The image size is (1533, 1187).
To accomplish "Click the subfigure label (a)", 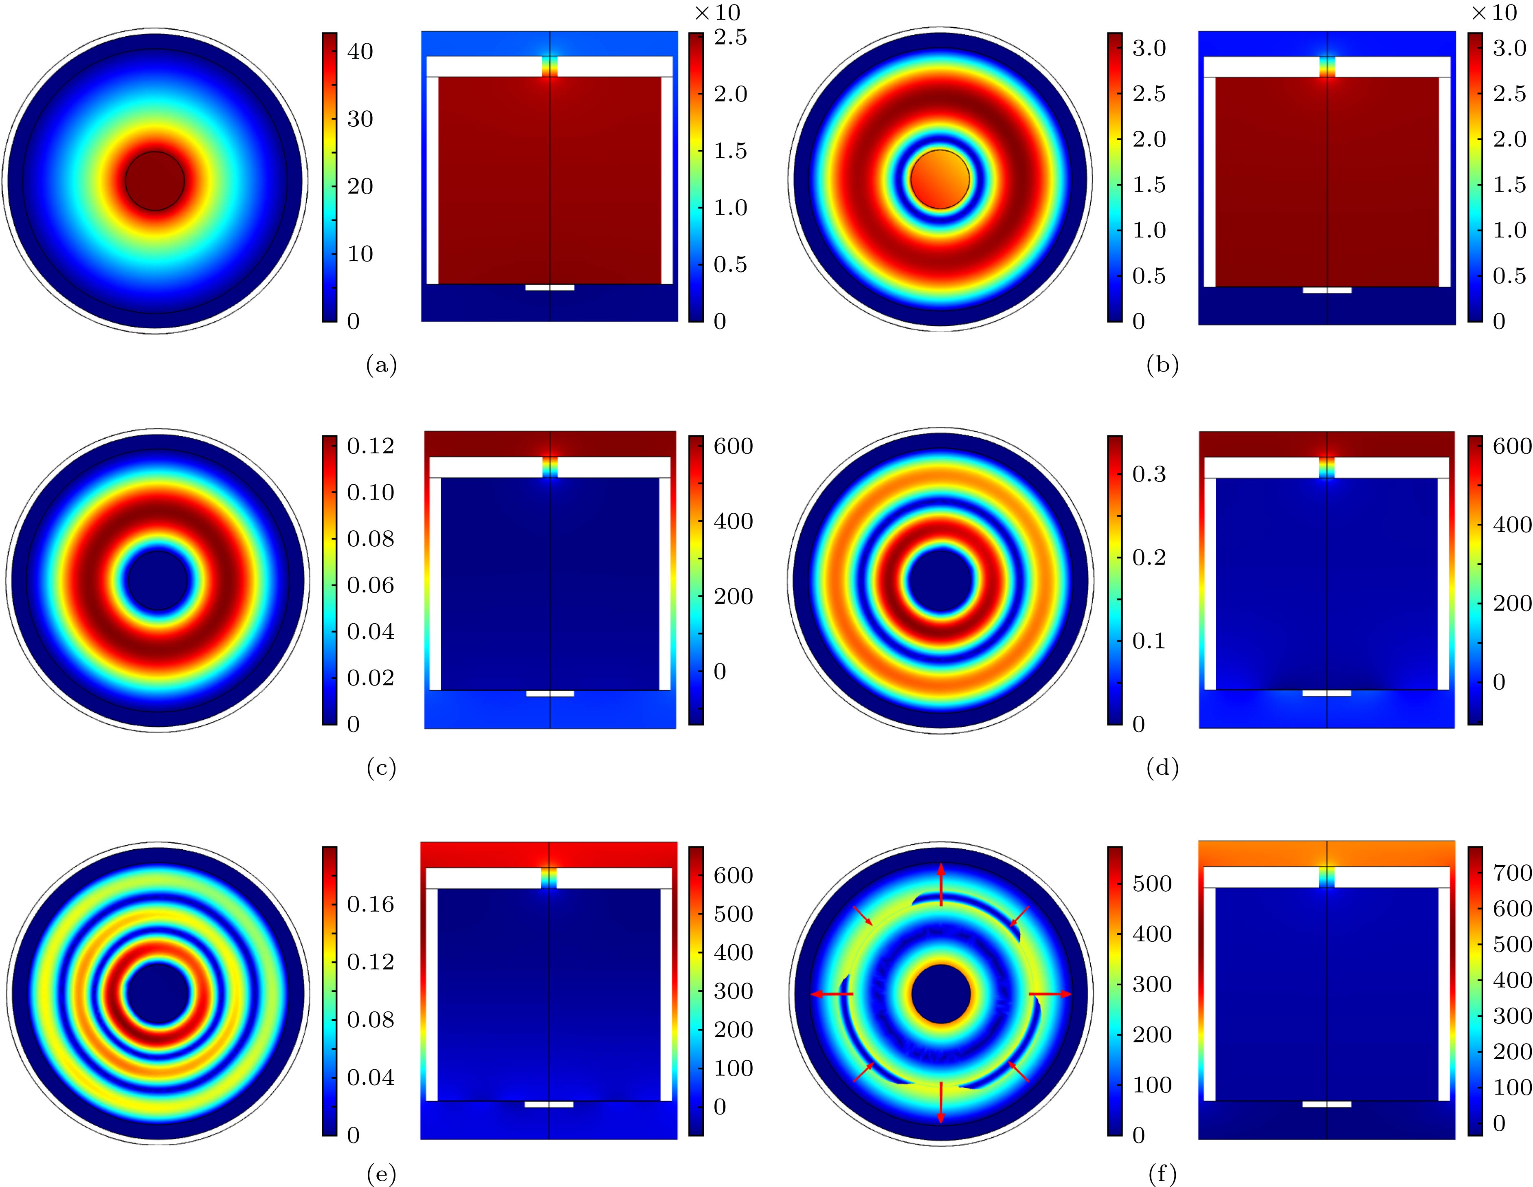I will [381, 365].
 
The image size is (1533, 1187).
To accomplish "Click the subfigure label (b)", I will [1162, 365].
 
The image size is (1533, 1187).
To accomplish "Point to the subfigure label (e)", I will [381, 1174].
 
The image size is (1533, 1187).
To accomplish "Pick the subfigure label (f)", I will [1162, 1174].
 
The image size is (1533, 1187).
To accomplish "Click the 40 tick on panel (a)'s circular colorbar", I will [360, 51].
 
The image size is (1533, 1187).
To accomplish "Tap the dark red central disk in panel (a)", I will [155, 181].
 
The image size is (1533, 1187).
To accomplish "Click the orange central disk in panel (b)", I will [940, 179].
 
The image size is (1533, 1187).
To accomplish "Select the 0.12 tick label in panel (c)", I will [370, 446].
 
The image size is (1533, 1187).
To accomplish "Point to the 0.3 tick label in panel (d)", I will [1149, 475].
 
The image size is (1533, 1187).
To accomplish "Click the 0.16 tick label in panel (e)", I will [370, 904].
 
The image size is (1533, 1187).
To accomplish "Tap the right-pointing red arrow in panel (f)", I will [1050, 994].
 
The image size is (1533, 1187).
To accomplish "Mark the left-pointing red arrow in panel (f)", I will [832, 994].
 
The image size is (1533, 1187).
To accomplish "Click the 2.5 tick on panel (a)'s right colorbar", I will [730, 37].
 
